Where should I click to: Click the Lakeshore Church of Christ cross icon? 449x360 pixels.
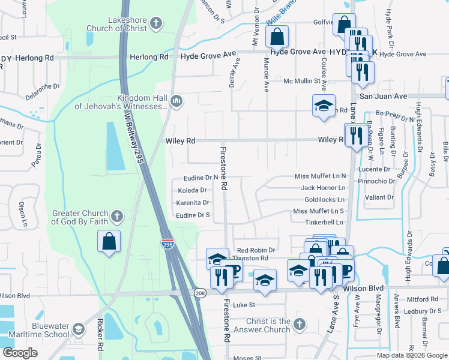pyautogui.click(x=155, y=23)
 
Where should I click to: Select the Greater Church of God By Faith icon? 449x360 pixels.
pyautogui.click(x=117, y=216)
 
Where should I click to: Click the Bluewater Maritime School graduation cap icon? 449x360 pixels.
pyautogui.click(x=79, y=329)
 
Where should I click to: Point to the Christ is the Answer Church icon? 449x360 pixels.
pyautogui.click(x=300, y=325)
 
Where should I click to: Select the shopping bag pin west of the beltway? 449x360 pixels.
pyautogui.click(x=109, y=242)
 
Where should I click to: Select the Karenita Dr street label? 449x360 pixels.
pyautogui.click(x=193, y=203)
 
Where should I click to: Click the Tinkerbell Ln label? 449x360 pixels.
pyautogui.click(x=324, y=222)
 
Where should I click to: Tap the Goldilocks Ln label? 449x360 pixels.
pyautogui.click(x=325, y=199)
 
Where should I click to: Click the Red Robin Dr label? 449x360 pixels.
pyautogui.click(x=256, y=250)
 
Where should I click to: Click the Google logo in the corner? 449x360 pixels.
pyautogui.click(x=20, y=353)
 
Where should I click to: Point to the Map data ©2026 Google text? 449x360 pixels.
pyautogui.click(x=411, y=355)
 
